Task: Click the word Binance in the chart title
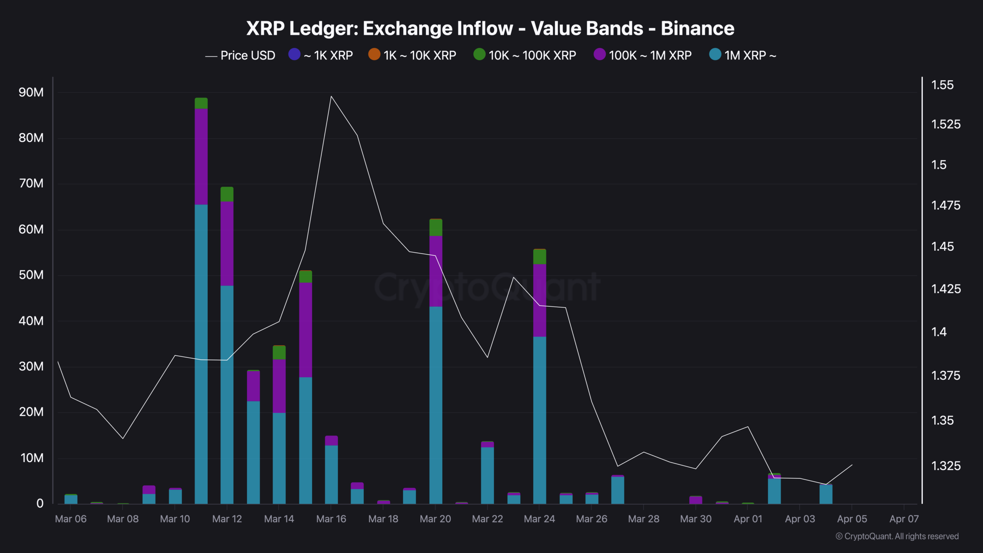697,28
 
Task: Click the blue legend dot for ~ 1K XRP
294,54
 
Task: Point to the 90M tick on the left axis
31,92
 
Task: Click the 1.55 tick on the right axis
942,85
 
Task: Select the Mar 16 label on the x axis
331,519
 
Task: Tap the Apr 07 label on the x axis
904,519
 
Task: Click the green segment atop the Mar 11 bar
201,103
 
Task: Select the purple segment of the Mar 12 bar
227,243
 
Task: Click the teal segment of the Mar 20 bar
435,403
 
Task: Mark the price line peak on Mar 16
331,96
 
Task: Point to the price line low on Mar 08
123,438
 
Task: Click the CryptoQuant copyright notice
897,536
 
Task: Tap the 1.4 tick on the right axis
939,332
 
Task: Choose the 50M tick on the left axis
31,275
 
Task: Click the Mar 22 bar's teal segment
487,475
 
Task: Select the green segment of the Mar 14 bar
279,353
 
